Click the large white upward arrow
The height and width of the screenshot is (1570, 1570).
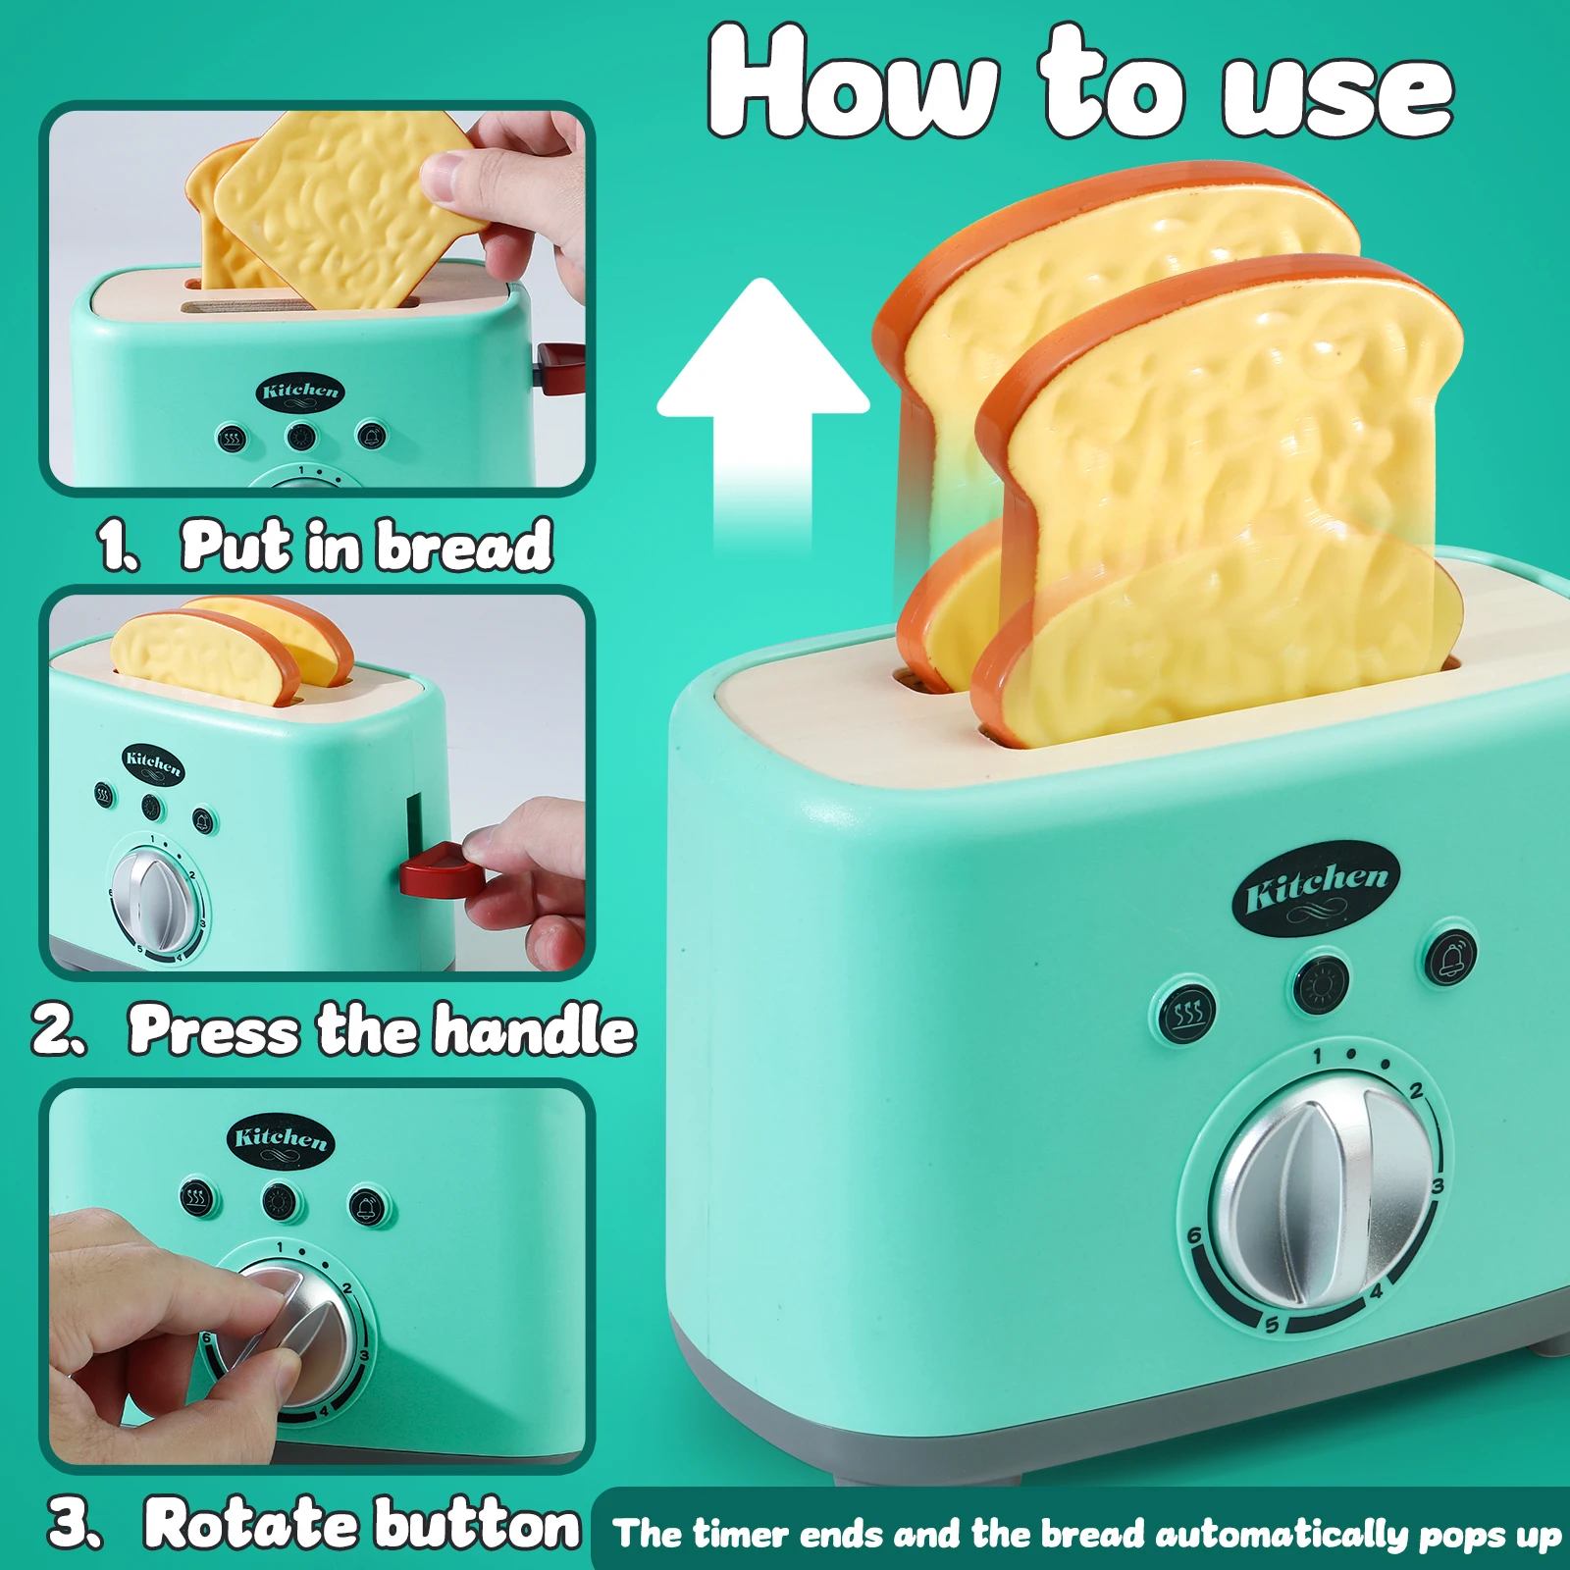pyautogui.click(x=763, y=412)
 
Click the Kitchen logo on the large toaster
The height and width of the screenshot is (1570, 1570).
pyautogui.click(x=1316, y=888)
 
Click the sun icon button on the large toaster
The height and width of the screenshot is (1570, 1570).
pyautogui.click(x=1320, y=982)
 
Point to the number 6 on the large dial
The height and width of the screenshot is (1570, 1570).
pyautogui.click(x=1194, y=1235)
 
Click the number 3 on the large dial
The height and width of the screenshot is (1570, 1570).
pyautogui.click(x=1438, y=1187)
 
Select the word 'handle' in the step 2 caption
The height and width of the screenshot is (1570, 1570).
pyautogui.click(x=535, y=1030)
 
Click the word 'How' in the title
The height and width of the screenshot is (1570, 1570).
pyautogui.click(x=854, y=81)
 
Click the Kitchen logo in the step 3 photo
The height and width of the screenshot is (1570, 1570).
pyautogui.click(x=281, y=1141)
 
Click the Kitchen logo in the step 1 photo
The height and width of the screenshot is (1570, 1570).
pyautogui.click(x=300, y=392)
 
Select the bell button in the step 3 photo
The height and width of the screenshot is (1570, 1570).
pyautogui.click(x=367, y=1206)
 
